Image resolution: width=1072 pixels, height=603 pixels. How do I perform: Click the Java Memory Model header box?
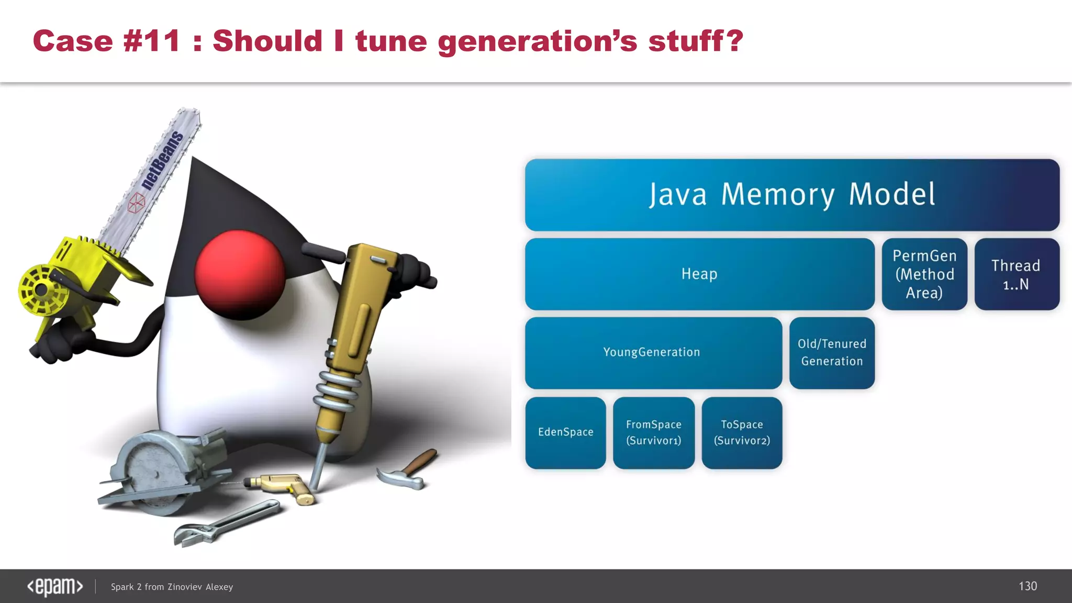tap(792, 195)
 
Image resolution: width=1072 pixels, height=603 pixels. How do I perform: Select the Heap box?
tap(699, 274)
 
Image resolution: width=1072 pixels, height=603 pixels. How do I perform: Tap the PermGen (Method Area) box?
tap(924, 274)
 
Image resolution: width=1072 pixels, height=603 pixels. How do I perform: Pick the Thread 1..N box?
tap(1017, 274)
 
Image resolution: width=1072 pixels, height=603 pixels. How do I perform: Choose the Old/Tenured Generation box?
tap(832, 352)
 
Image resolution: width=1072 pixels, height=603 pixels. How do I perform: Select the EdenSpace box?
tap(565, 432)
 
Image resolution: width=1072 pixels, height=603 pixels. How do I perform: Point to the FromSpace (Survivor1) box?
tap(654, 432)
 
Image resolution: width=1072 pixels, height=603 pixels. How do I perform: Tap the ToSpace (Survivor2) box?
tap(742, 432)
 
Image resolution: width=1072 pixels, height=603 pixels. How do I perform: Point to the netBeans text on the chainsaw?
tap(163, 160)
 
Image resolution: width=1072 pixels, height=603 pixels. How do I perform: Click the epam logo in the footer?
tap(55, 586)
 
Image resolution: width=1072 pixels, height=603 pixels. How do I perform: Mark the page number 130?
tap(1028, 586)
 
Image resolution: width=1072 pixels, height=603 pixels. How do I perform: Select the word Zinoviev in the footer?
tap(184, 587)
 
